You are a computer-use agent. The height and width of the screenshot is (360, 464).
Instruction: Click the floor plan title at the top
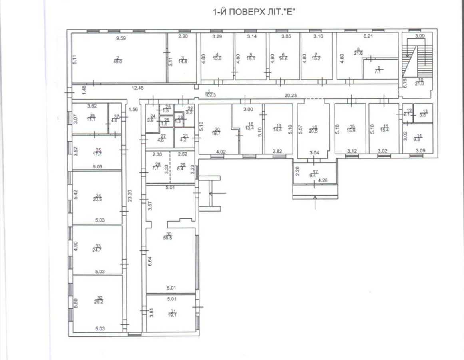pyautogui.click(x=256, y=12)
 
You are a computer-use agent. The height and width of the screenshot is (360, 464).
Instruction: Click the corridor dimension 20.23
pyautogui.click(x=291, y=95)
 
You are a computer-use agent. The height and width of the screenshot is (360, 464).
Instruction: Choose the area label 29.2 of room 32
pyautogui.click(x=98, y=302)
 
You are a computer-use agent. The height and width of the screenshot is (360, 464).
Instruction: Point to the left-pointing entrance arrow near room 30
pyautogui.click(x=218, y=194)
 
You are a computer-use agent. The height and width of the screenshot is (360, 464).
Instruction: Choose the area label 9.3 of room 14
pyautogui.click(x=418, y=139)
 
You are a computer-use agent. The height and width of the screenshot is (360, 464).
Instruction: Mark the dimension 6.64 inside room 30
pyautogui.click(x=149, y=261)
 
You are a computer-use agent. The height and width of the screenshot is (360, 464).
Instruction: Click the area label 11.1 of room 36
pyautogui.click(x=92, y=120)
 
